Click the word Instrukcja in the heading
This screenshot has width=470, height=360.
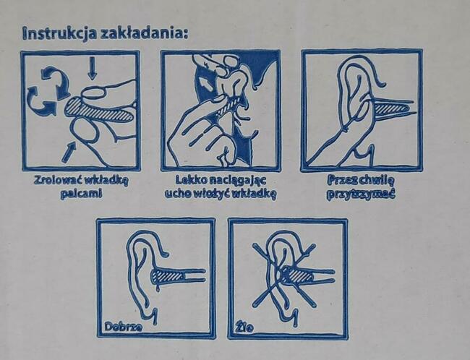[57, 33]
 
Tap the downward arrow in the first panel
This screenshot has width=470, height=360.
[91, 69]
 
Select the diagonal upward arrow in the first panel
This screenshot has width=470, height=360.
[69, 150]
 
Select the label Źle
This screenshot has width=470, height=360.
[242, 326]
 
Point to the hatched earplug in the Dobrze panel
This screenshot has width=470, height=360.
[170, 275]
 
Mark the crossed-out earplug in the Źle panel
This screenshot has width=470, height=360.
[296, 275]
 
